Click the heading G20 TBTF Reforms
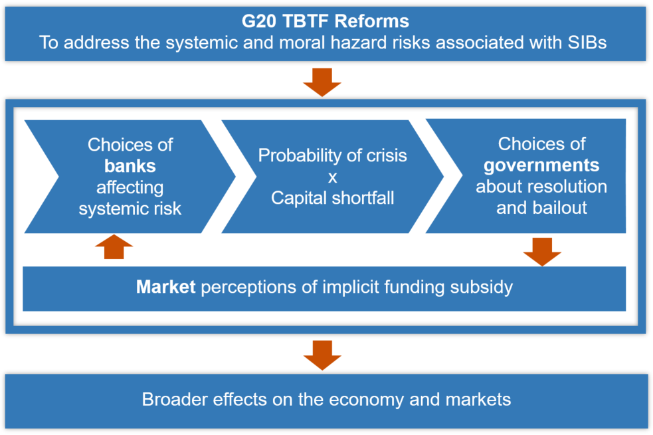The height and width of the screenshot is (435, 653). (326, 21)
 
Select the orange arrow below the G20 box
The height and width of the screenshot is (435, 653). (322, 82)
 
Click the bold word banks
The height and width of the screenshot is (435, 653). (130, 166)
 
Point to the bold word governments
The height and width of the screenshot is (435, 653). (541, 166)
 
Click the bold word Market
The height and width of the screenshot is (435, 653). (166, 287)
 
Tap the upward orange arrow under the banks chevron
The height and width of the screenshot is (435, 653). (114, 246)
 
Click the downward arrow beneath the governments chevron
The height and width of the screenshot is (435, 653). (542, 252)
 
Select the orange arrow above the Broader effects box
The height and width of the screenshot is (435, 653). (322, 355)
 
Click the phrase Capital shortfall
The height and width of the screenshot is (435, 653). (332, 198)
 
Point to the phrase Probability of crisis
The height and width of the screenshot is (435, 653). (332, 155)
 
